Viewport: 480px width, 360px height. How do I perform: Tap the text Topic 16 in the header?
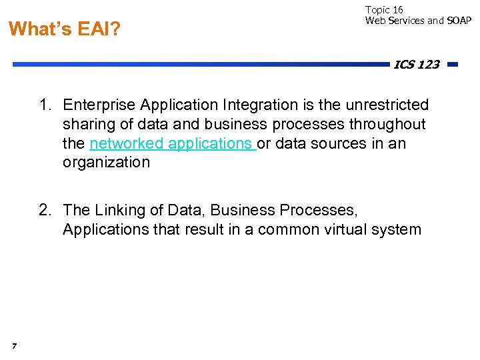point(384,10)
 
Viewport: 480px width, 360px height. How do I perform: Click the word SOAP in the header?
point(459,21)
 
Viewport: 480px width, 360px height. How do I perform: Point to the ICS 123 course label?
point(416,65)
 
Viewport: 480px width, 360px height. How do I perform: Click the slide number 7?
point(13,345)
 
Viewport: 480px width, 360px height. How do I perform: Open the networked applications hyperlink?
point(171,144)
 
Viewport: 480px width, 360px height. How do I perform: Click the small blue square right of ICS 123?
point(453,65)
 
